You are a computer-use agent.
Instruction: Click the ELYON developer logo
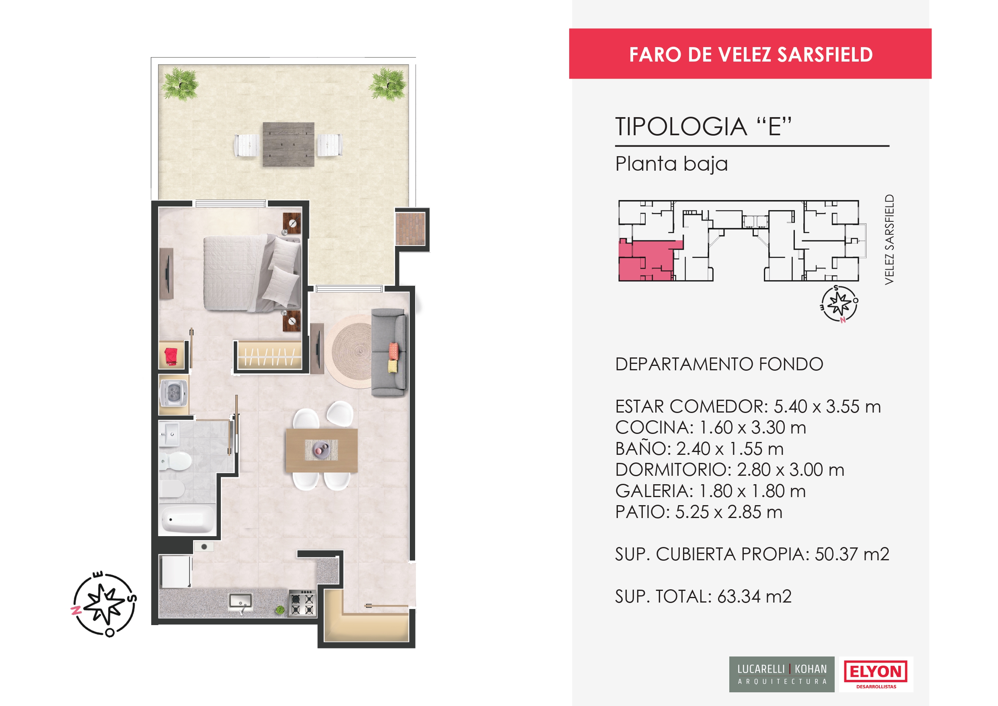tap(875, 674)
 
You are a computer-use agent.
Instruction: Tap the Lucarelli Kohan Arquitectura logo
tap(782, 674)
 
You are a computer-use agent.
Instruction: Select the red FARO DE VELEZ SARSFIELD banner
tap(750, 54)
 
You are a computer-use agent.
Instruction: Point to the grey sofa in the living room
tap(389, 352)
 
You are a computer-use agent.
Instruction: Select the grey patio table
tap(288, 144)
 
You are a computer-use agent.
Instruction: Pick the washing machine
tap(174, 393)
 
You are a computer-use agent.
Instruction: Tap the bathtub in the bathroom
tap(187, 519)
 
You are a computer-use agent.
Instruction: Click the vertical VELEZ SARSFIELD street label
tap(889, 239)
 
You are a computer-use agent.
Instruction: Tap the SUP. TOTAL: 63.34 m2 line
tap(703, 597)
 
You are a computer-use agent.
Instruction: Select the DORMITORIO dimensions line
tap(729, 470)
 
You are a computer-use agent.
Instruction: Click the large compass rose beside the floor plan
tap(104, 604)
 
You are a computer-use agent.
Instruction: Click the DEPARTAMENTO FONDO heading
tap(719, 364)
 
